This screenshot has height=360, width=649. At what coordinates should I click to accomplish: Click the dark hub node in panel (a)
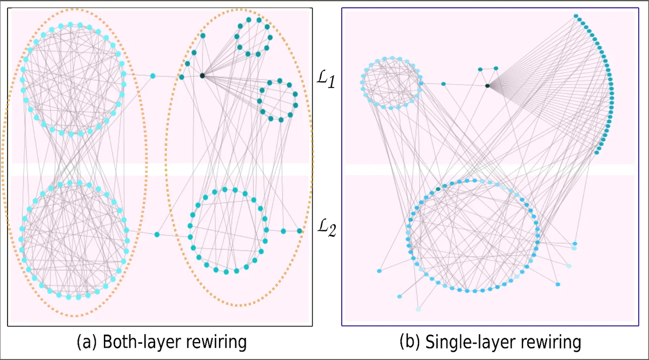tap(202, 76)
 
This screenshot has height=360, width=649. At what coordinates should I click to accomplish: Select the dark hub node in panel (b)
tap(487, 85)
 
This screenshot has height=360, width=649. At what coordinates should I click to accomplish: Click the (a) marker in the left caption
tap(87, 342)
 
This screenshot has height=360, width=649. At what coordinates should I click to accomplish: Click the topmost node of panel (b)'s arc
tap(576, 16)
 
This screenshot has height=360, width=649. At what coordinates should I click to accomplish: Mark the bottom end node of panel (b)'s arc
tap(597, 153)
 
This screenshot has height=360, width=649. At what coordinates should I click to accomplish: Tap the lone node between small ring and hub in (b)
tap(443, 84)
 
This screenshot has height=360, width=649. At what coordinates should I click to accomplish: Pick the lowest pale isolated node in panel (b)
tap(418, 309)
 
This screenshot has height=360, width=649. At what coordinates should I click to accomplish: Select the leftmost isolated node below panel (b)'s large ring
tap(379, 270)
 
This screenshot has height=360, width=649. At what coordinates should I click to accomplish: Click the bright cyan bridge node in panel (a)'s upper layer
tap(153, 76)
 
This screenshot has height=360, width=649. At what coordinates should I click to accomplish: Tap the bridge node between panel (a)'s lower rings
tap(157, 234)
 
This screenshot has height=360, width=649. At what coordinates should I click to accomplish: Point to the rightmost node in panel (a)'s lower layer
tap(300, 231)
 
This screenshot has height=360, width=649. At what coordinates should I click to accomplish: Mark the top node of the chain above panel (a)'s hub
tap(203, 36)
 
